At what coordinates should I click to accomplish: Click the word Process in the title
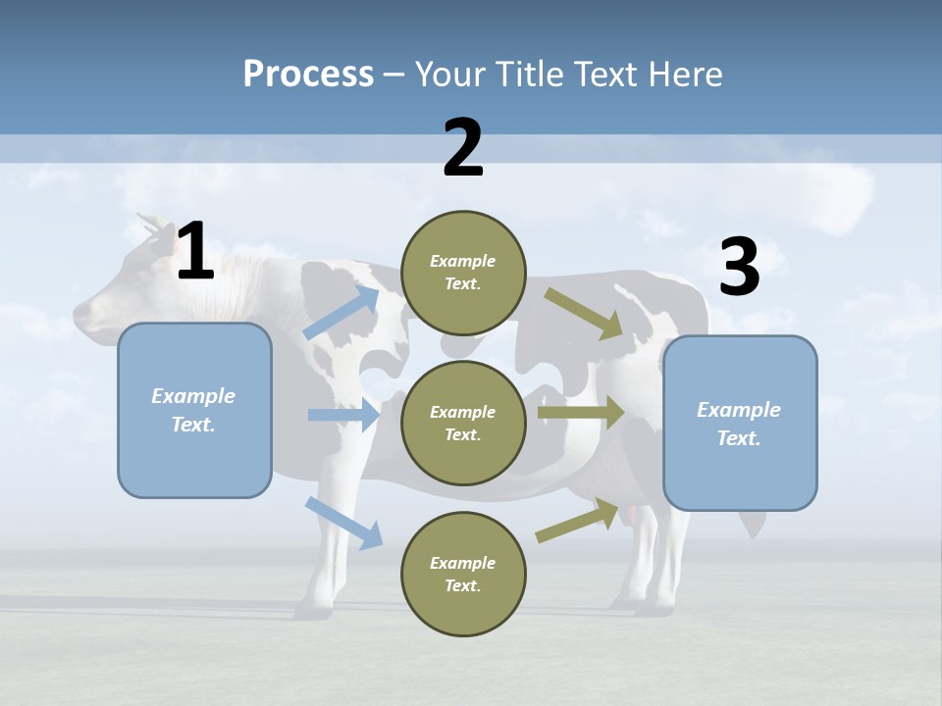308,75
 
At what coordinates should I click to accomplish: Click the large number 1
195,252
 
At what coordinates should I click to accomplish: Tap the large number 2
463,148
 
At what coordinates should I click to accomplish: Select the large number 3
739,268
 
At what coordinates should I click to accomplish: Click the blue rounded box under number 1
194,410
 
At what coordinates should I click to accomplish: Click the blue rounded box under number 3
740,424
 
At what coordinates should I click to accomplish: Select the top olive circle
463,273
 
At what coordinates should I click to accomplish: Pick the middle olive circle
463,423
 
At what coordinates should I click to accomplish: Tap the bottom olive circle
463,574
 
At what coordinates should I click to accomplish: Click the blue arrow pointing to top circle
341,312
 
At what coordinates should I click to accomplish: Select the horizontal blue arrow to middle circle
343,415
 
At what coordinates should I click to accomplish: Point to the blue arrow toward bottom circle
343,522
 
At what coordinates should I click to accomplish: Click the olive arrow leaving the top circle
585,314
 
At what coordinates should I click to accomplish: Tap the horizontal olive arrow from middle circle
581,412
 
